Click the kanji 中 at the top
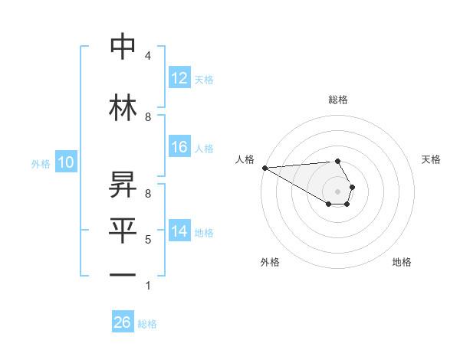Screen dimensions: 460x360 (123, 47)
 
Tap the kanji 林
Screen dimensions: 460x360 (123, 106)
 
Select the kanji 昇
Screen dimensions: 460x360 (123, 182)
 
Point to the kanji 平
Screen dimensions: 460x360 (123, 229)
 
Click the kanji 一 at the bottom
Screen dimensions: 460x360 (123, 275)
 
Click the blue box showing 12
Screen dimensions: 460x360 (179, 78)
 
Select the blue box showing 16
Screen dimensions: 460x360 (179, 148)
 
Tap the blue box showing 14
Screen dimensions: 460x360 (179, 232)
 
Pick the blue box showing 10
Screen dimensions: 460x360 (65, 162)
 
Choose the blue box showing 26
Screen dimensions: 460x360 (123, 322)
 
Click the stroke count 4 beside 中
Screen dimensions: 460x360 (147, 56)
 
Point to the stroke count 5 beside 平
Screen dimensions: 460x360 (147, 240)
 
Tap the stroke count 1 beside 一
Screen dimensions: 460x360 (147, 286)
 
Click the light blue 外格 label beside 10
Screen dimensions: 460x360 (40, 163)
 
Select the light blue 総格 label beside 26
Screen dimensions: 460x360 (147, 324)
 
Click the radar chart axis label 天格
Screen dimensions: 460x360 (431, 159)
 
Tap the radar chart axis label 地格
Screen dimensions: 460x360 (402, 262)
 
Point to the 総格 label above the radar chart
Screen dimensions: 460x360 (337, 100)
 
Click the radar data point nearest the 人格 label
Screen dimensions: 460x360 (264, 168)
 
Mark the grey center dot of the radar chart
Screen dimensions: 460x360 (337, 191)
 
